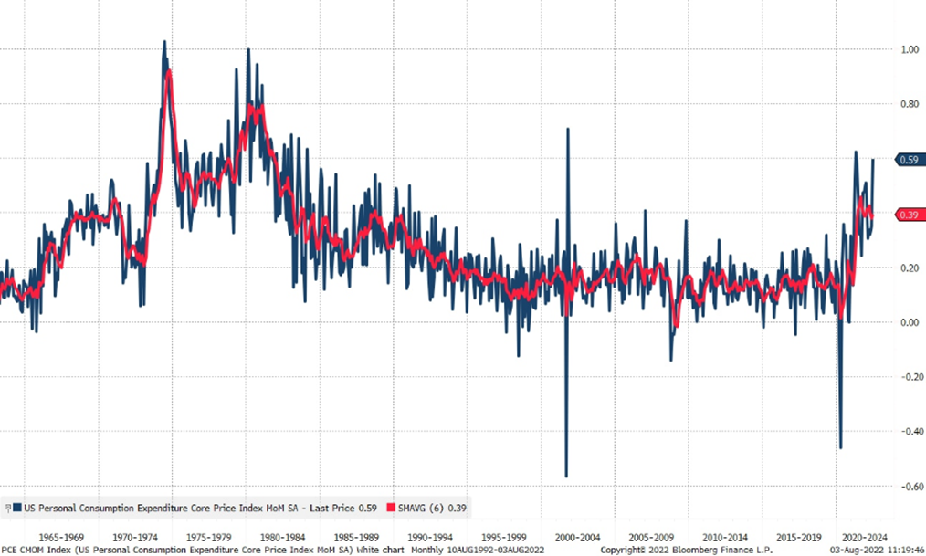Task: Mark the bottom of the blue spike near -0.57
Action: pos(566,477)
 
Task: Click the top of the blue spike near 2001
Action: pos(567,129)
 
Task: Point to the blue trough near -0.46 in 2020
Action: pos(840,448)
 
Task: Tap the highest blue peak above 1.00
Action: pos(163,41)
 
